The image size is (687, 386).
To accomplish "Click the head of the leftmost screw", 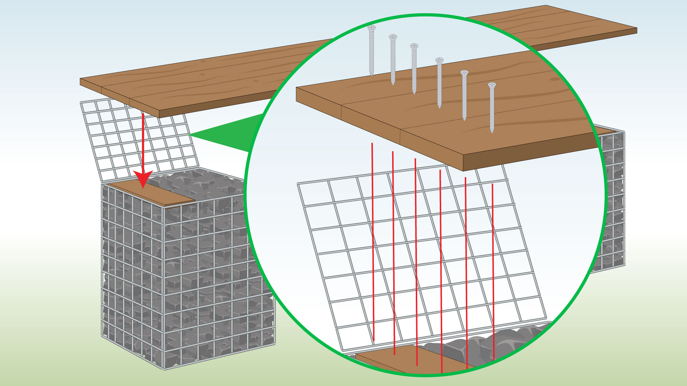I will (371, 28).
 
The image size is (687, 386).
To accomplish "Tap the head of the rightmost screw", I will (492, 85).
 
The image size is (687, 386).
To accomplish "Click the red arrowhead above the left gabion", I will (143, 178).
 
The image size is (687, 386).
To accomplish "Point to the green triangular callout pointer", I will (229, 134).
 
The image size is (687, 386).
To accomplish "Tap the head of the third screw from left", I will (414, 46).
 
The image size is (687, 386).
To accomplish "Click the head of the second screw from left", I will (393, 37).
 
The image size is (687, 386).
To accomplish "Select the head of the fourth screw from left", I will (439, 60).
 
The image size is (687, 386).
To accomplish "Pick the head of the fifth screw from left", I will (464, 73).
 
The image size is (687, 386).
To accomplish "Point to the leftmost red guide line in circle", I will (373, 243).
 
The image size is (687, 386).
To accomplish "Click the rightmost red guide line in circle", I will (493, 272).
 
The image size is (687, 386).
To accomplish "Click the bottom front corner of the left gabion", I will (164, 368).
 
